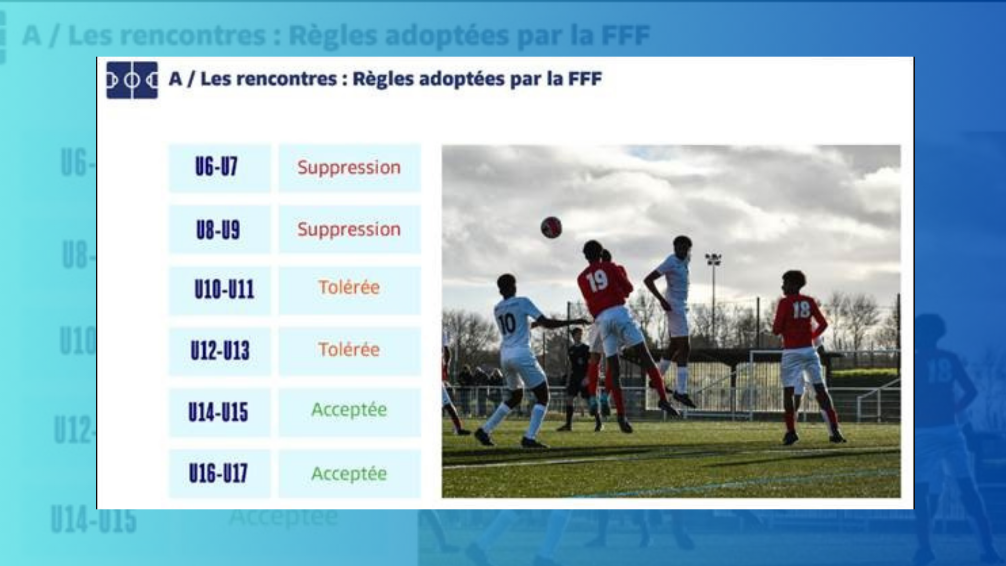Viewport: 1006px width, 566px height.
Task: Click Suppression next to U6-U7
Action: (349, 168)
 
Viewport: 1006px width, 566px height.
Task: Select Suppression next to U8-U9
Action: (349, 229)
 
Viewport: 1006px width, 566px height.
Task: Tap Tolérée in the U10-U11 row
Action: (349, 287)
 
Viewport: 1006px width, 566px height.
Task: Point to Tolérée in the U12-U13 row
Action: (349, 349)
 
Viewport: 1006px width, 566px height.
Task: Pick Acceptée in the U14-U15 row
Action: (349, 410)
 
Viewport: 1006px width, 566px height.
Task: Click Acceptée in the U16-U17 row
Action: (349, 474)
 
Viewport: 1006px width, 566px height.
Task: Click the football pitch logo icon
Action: (132, 80)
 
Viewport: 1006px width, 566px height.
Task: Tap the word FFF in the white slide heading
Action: (585, 79)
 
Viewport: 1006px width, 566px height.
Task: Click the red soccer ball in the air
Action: (551, 227)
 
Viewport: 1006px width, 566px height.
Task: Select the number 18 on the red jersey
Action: (801, 310)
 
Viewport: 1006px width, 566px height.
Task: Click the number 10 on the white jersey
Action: (507, 324)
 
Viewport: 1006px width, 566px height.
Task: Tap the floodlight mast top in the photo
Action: (713, 258)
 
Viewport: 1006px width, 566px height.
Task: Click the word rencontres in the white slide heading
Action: (269, 79)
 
